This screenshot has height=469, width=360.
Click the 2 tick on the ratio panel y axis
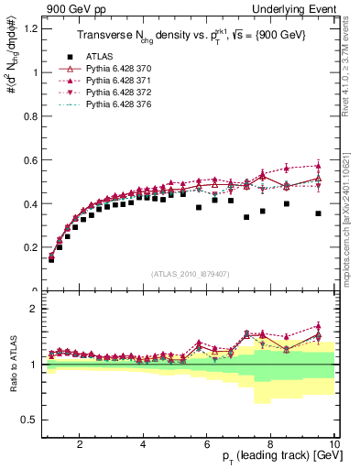coord(34,309)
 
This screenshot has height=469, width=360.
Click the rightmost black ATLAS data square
coord(318,213)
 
